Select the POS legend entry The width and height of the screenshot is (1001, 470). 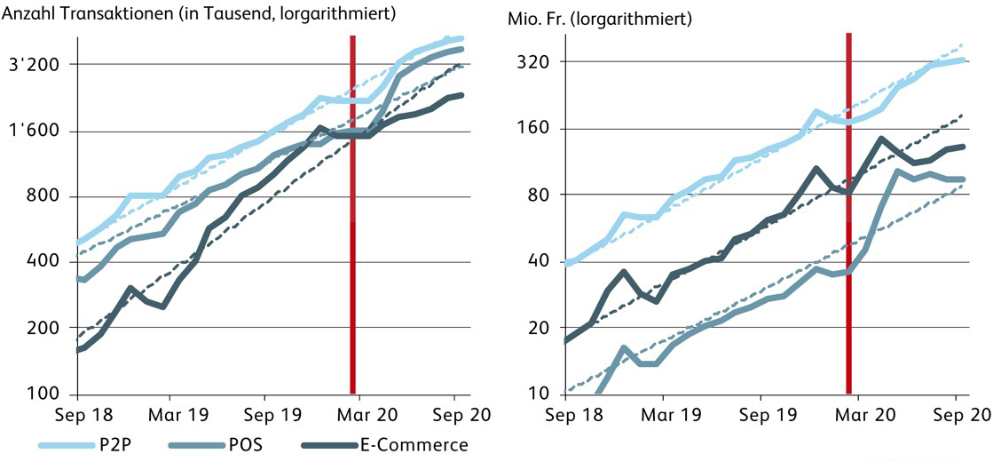[251, 445]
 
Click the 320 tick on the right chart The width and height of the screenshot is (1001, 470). [536, 62]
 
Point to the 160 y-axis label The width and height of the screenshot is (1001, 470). [536, 129]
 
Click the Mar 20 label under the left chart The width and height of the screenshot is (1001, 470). [361, 415]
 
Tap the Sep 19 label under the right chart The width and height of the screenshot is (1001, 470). [763, 415]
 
